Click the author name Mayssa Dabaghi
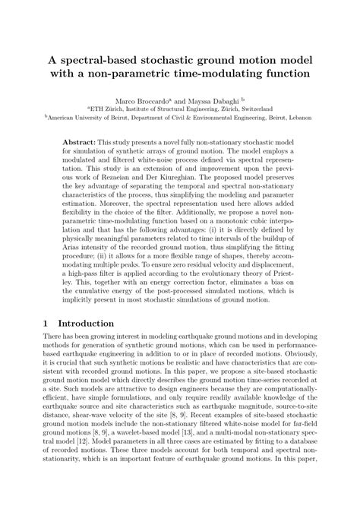pyautogui.click(x=228, y=100)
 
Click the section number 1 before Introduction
pyautogui.click(x=47, y=343)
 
